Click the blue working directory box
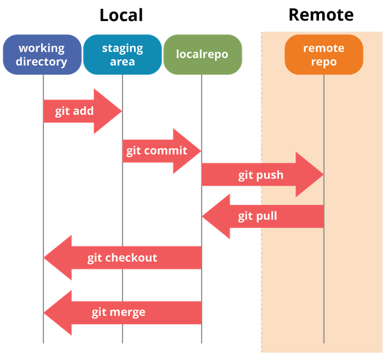pyautogui.click(x=42, y=55)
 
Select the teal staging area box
pyautogui.click(x=122, y=55)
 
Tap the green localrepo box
pyautogui.click(x=202, y=54)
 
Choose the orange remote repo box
pyautogui.click(x=323, y=55)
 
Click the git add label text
pyautogui.click(x=74, y=111)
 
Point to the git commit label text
pyautogui.click(x=156, y=151)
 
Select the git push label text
pyautogui.click(x=260, y=175)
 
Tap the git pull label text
pyautogui.click(x=258, y=216)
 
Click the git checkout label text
pyautogui.click(x=122, y=258)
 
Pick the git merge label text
pyautogui.click(x=118, y=312)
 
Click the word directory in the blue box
pyautogui.click(x=42, y=62)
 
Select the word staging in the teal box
pyautogui.click(x=122, y=49)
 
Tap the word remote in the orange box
pyautogui.click(x=323, y=49)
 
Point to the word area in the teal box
pyautogui.click(x=122, y=62)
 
